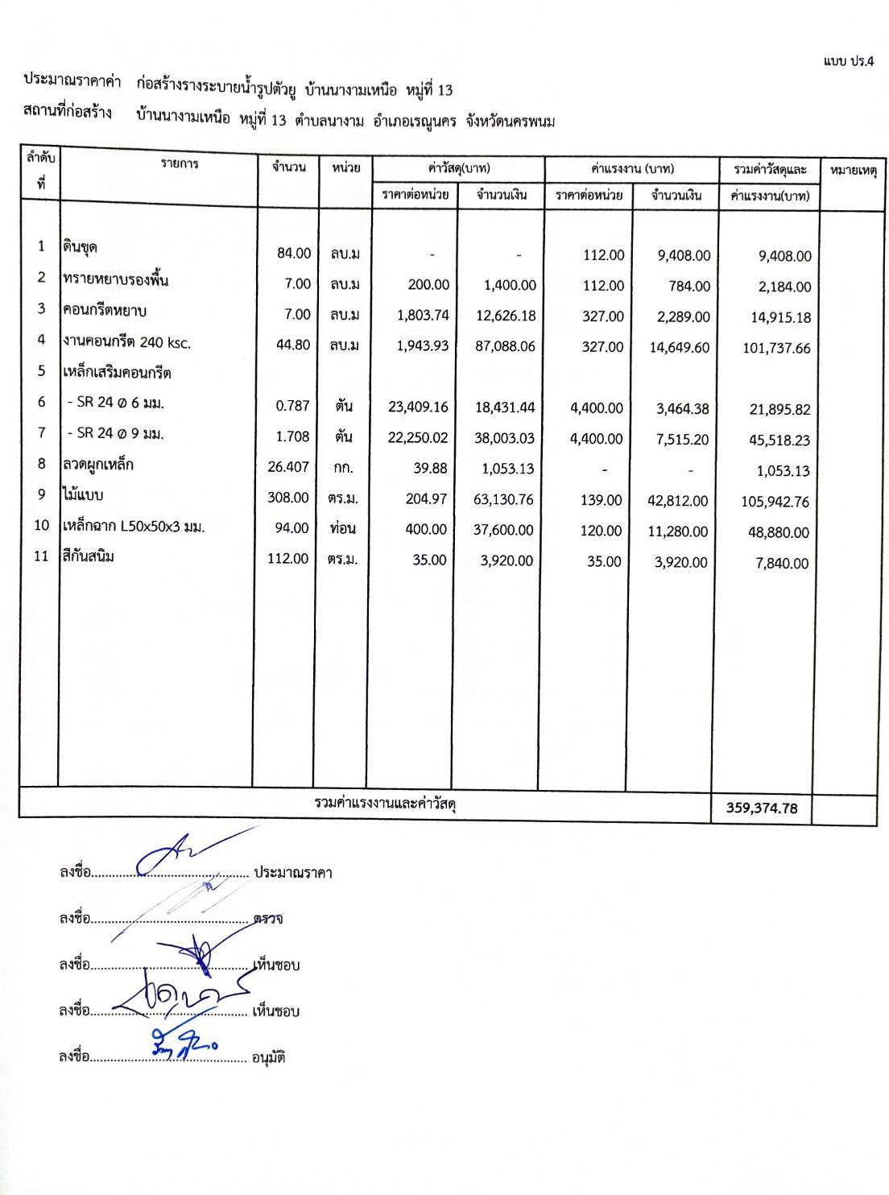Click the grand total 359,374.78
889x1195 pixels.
pyautogui.click(x=762, y=808)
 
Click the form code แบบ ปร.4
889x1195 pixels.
pyautogui.click(x=848, y=61)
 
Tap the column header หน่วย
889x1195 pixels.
pyautogui.click(x=345, y=167)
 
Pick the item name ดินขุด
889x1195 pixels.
pyautogui.click(x=81, y=247)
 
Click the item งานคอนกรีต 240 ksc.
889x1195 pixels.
pyautogui.click(x=127, y=342)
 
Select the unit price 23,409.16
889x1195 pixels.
pyautogui.click(x=418, y=407)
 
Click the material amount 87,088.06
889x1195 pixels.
pyautogui.click(x=505, y=346)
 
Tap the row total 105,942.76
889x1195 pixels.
pyautogui.click(x=775, y=502)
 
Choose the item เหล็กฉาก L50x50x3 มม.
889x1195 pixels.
pyautogui.click(x=134, y=527)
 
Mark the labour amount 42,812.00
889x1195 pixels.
pyautogui.click(x=678, y=501)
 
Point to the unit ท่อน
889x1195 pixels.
pyautogui.click(x=343, y=528)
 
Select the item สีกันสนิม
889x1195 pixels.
pyautogui.click(x=89, y=556)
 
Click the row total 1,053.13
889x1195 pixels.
pyautogui.click(x=784, y=471)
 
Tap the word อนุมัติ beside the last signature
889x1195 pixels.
pyautogui.click(x=268, y=1057)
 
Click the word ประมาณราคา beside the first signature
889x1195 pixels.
pyautogui.click(x=293, y=873)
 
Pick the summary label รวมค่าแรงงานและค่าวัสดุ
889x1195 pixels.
pyautogui.click(x=386, y=804)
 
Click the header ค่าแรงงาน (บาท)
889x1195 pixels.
pyautogui.click(x=632, y=168)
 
